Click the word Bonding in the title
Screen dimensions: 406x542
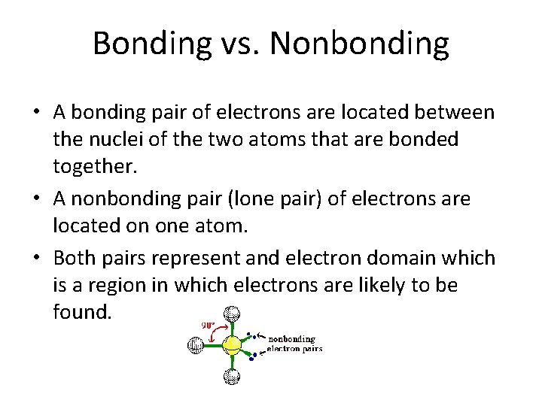click(x=152, y=44)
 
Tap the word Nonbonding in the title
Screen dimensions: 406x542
click(x=359, y=44)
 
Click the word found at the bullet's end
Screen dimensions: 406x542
click(x=82, y=311)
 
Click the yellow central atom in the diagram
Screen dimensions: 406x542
click(x=233, y=345)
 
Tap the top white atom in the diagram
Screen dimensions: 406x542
click(x=233, y=314)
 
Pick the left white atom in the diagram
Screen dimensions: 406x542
click(x=196, y=345)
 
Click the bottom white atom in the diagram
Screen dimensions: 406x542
click(x=233, y=377)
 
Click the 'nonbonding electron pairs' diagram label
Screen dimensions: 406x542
click(x=294, y=344)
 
